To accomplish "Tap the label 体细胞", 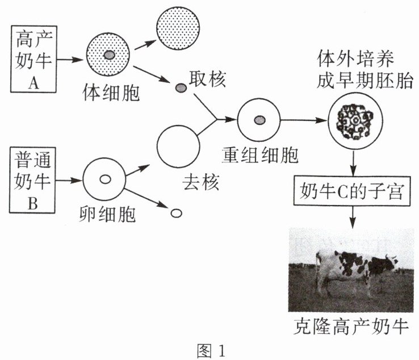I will (110, 91).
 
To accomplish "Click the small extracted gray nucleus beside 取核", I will (181, 88).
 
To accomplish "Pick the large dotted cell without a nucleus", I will (177, 28).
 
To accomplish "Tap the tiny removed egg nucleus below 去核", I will (176, 213).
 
